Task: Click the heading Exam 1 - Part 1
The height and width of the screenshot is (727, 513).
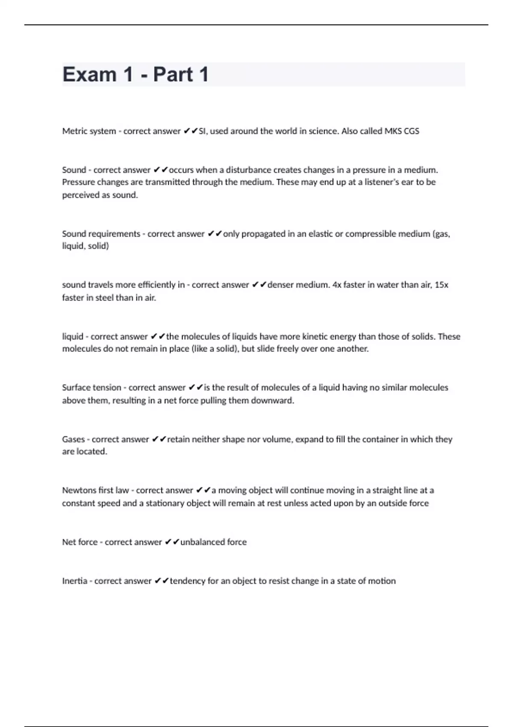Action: pos(136,74)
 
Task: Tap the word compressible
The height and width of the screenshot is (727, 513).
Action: pos(370,234)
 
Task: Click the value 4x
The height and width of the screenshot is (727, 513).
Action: pos(336,285)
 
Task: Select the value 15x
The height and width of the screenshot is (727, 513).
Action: pos(441,285)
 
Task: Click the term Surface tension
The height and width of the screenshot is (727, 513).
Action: pos(91,388)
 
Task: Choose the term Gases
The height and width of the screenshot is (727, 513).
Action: pos(74,439)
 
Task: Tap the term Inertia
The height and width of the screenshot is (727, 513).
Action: pos(74,581)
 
